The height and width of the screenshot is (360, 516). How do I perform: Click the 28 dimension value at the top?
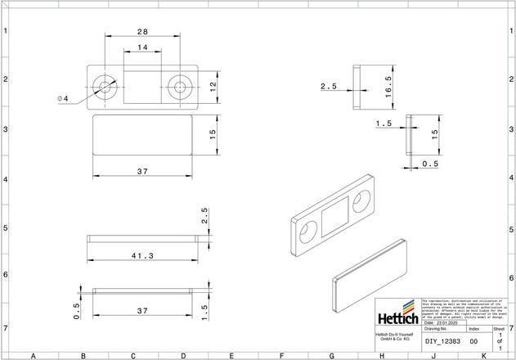click(x=142, y=32)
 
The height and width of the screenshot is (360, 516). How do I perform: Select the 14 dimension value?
click(x=142, y=48)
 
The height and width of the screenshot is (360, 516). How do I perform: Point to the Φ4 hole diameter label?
click(x=63, y=99)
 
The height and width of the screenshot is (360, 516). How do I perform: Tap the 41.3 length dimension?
click(x=142, y=255)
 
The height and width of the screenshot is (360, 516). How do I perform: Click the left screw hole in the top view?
click(x=105, y=86)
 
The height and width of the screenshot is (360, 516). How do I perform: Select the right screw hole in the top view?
click(x=179, y=86)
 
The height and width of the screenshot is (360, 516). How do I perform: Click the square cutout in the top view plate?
click(x=142, y=86)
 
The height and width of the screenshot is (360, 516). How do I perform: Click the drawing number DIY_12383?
click(x=442, y=341)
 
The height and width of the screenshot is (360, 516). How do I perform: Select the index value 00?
click(x=473, y=341)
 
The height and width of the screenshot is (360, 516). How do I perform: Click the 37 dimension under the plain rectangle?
click(x=141, y=171)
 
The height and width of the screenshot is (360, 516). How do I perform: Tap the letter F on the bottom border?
click(x=281, y=356)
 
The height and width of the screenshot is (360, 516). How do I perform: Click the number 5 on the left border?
click(x=7, y=228)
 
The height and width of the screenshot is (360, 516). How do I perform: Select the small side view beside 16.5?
click(x=356, y=88)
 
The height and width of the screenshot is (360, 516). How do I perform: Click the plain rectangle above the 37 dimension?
click(x=141, y=135)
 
